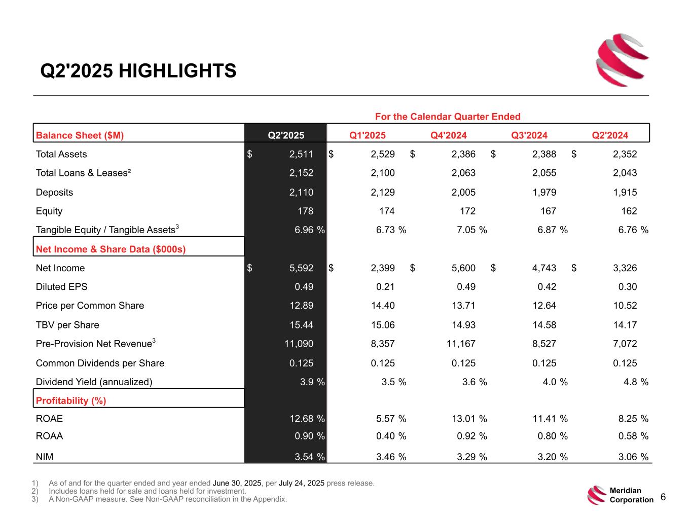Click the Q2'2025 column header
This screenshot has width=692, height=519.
coord(286,135)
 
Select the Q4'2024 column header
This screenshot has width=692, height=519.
coord(449,135)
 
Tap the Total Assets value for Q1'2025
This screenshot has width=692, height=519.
coord(383,154)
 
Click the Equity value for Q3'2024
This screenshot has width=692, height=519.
coord(548,211)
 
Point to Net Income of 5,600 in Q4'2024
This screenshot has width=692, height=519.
coord(463,268)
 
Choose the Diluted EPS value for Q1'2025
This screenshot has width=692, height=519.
coord(385,287)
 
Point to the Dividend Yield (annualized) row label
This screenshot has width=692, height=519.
coord(94,382)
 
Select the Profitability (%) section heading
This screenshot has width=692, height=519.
coord(71,400)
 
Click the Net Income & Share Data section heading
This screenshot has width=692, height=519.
coord(111,249)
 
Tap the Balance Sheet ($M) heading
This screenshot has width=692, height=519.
coord(80,135)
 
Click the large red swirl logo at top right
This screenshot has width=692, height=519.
coord(622,59)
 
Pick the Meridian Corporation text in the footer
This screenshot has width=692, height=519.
coord(631,495)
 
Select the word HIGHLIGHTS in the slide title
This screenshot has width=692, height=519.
coord(177,71)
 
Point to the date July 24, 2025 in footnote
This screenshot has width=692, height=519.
coord(302,483)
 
